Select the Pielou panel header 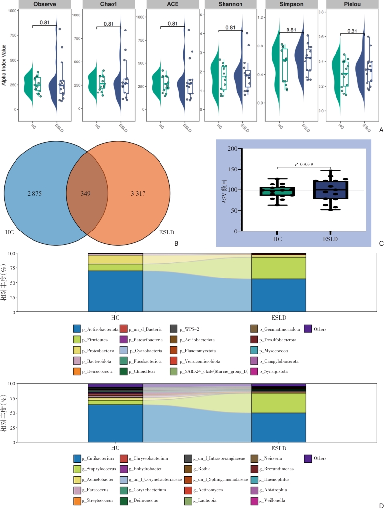coord(345,5)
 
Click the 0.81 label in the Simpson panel coord(291,30)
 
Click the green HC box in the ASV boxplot coord(275,191)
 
